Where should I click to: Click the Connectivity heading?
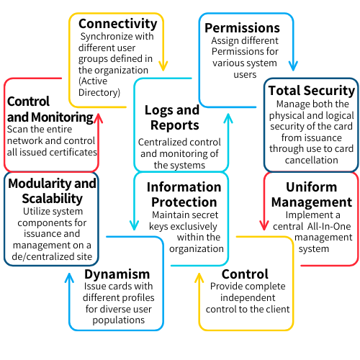point(118,24)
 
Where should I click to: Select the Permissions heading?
point(242,28)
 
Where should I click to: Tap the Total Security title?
point(312,91)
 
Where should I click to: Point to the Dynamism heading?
point(117,274)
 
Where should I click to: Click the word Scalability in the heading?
point(53,199)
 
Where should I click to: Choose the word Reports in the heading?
point(175,125)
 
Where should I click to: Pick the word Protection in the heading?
point(184,202)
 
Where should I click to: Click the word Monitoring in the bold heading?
point(62,117)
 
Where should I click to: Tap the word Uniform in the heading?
point(312,186)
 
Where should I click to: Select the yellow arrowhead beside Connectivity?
point(163,66)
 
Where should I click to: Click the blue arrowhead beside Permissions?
point(293,66)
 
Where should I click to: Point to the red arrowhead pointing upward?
point(98,118)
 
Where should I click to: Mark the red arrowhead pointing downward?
point(264,225)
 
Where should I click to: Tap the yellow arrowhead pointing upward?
point(199,278)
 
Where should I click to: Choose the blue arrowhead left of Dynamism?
point(69,278)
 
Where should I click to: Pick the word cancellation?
point(312,160)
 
